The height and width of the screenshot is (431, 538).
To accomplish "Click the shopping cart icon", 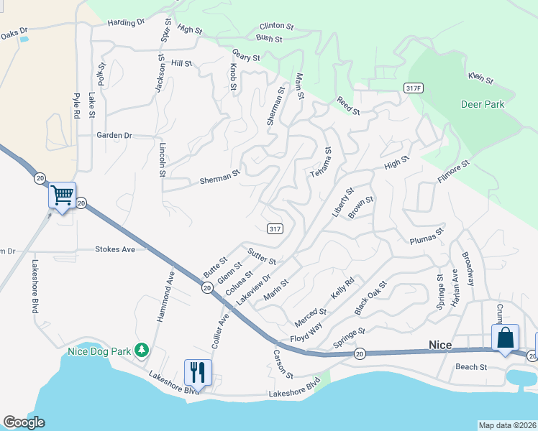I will coord(63,195).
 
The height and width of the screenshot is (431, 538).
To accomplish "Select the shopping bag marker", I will coord(505,337).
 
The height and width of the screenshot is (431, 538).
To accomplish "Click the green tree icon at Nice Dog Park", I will coord(142,350).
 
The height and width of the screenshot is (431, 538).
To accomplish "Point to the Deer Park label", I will coord(483,104).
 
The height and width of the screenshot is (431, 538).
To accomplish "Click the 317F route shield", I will coord(412,88).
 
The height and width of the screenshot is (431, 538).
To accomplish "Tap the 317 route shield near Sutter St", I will coord(274,228).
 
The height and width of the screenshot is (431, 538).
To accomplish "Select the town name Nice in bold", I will coord(440,346).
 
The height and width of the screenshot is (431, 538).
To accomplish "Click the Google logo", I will coord(24,422).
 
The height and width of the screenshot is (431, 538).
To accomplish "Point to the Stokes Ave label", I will coord(115,249).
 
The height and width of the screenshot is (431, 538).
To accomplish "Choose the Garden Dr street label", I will coord(115,135).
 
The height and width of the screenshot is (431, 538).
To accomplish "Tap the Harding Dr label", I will coord(126,23).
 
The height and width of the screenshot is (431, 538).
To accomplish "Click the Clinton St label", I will coord(277,26).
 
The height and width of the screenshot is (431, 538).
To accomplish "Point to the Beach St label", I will coord(472,367).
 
